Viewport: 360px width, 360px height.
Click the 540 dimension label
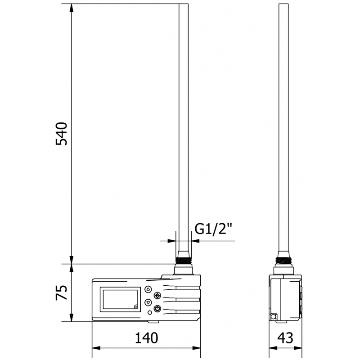(x=61, y=133)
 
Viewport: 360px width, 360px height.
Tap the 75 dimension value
(x=61, y=293)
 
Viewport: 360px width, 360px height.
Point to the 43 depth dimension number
(x=285, y=337)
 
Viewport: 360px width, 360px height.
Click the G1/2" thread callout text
(x=213, y=229)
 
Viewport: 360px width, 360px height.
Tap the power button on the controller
(x=157, y=308)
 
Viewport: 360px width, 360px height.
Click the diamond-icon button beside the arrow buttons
(x=157, y=296)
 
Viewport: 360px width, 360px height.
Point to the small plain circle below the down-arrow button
(x=149, y=312)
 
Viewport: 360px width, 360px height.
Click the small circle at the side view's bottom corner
(x=273, y=317)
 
